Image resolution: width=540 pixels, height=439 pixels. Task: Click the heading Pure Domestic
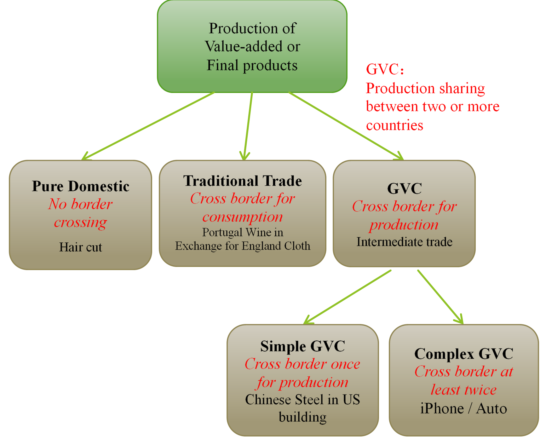coord(81,186)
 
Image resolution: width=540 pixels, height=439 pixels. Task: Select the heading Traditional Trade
coord(243,181)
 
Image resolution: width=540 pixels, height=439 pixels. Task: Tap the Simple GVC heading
coord(302,346)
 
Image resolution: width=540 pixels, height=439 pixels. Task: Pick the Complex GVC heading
coord(464,354)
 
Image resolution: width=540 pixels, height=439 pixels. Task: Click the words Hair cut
coord(81,247)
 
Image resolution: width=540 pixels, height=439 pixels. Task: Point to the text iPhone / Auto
coord(463,408)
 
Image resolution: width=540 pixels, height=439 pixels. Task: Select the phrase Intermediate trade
coord(404,242)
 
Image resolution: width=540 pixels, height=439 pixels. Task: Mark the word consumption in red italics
coord(243,217)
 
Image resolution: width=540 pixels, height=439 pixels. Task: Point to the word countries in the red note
coord(394,125)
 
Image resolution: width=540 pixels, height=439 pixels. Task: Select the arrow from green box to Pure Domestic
coord(148,126)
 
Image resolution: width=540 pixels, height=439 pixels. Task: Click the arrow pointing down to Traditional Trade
coord(248,126)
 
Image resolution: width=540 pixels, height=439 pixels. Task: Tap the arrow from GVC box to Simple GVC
coord(347,297)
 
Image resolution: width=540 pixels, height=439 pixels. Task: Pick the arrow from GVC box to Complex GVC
coord(440,297)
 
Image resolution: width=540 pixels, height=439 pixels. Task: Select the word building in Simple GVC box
coord(302,417)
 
